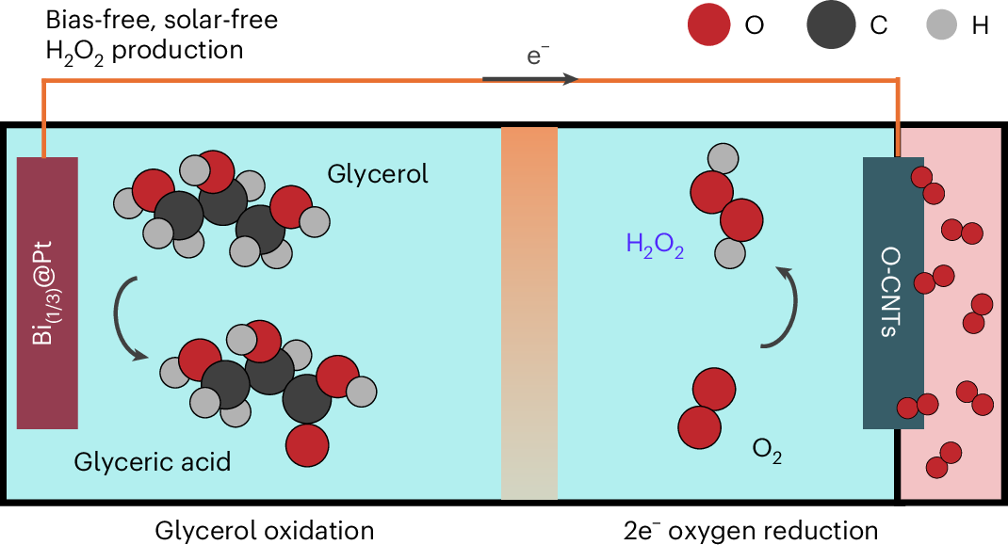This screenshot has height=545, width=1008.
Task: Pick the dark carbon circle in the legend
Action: (x=830, y=25)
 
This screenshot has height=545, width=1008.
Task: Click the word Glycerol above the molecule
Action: (x=378, y=174)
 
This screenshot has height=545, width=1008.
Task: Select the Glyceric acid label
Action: (x=153, y=462)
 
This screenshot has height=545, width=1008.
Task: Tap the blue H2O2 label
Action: (x=655, y=248)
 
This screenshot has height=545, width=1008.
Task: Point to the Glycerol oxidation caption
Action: (x=265, y=530)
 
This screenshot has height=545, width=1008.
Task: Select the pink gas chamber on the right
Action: (x=951, y=311)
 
